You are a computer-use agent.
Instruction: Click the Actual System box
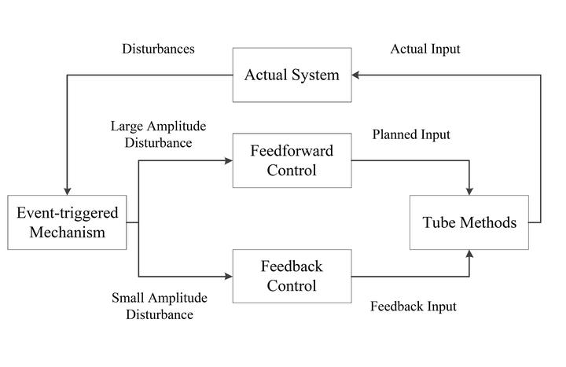[x=292, y=75]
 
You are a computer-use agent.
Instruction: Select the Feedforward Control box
[x=292, y=160]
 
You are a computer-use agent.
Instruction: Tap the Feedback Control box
[x=292, y=276]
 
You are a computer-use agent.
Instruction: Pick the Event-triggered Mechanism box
[x=67, y=222]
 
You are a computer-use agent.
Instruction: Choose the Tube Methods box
[x=469, y=222]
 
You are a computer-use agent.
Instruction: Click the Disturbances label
[x=158, y=49]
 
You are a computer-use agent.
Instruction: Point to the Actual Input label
[x=425, y=49]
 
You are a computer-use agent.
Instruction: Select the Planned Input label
[x=411, y=134]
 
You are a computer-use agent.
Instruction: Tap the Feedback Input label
[x=413, y=306]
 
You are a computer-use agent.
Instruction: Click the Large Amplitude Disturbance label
[x=158, y=134]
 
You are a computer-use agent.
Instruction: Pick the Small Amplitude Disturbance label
[x=159, y=306]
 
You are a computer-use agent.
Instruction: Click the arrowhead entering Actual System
[x=355, y=75]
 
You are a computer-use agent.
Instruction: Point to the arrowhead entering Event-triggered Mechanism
[x=67, y=191]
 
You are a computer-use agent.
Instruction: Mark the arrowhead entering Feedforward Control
[x=229, y=160]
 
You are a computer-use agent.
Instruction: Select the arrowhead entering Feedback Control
[x=229, y=277]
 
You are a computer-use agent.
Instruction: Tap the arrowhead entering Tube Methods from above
[x=469, y=191]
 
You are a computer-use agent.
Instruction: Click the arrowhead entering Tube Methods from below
[x=469, y=254]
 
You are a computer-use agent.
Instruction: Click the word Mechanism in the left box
[x=68, y=232]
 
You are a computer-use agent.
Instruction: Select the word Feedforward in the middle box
[x=292, y=151]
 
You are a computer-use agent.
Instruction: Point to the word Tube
[x=439, y=222]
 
